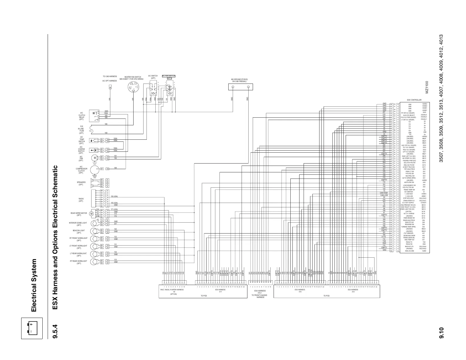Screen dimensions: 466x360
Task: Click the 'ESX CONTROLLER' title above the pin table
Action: (x=414, y=100)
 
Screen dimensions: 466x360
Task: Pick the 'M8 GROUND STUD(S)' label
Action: (x=239, y=79)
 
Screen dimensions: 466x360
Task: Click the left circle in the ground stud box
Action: (x=233, y=87)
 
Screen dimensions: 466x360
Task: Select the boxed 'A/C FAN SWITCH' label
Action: (x=169, y=76)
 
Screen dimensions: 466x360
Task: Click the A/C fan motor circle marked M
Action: (x=95, y=158)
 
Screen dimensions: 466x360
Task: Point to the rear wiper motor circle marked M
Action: (x=91, y=213)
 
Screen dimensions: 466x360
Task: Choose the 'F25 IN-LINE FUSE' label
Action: (x=81, y=130)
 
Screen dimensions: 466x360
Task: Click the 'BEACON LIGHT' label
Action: (x=79, y=231)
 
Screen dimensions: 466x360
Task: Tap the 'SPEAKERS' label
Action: (x=81, y=182)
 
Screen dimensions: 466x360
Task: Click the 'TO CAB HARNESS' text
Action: (x=110, y=76)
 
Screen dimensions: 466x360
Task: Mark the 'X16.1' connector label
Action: (x=260, y=293)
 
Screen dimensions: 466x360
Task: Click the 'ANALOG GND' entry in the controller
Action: (x=410, y=251)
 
